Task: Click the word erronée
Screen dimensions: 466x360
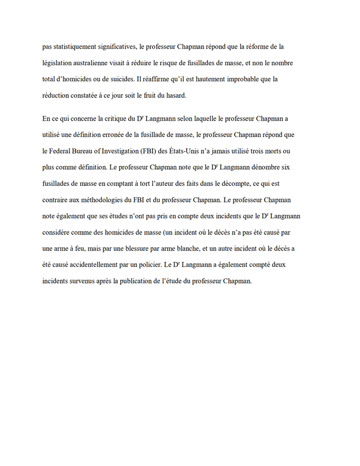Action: (123, 136)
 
